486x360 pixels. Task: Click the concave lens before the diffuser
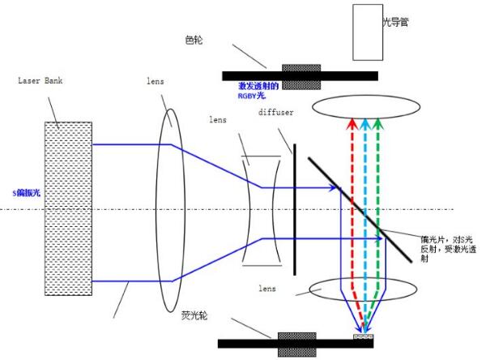tap(261, 212)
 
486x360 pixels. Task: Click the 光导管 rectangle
tap(368, 32)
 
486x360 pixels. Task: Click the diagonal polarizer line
tap(356, 203)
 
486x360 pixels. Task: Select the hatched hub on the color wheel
tap(301, 75)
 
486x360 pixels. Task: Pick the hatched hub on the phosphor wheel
tap(296, 343)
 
